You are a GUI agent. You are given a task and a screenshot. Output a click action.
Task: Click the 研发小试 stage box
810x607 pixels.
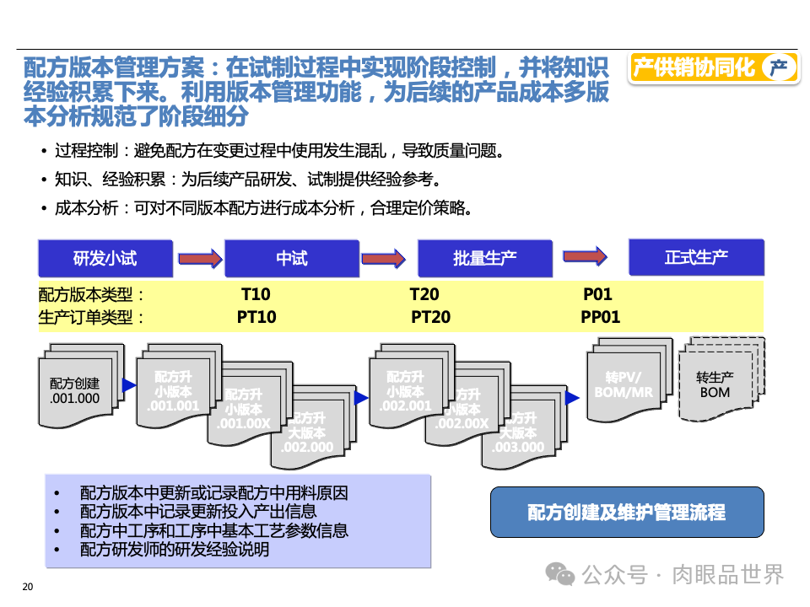pos(105,258)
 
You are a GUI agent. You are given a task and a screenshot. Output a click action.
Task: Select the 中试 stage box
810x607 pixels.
pos(292,258)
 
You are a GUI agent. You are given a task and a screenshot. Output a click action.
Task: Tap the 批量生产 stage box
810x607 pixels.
pos(484,258)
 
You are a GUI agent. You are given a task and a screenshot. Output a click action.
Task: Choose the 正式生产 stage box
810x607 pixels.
pos(696,256)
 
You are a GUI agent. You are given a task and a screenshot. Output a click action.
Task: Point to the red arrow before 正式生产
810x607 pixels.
pos(585,255)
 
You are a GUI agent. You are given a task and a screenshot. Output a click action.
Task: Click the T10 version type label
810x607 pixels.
pos(256,295)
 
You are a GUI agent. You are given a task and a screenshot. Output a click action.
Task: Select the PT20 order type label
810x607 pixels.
pos(430,317)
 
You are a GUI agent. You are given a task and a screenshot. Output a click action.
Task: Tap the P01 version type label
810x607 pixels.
pos(597,295)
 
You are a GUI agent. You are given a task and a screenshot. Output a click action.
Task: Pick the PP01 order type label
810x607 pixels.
pos(600,317)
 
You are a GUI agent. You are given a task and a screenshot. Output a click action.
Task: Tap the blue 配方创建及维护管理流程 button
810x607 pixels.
pos(626,512)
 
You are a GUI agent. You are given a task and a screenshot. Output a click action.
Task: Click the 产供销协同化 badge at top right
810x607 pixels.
pos(714,67)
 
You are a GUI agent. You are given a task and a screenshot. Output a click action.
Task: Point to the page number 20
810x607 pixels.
pos(27,588)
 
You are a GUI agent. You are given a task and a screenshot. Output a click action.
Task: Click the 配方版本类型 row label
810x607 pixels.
pos(92,295)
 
